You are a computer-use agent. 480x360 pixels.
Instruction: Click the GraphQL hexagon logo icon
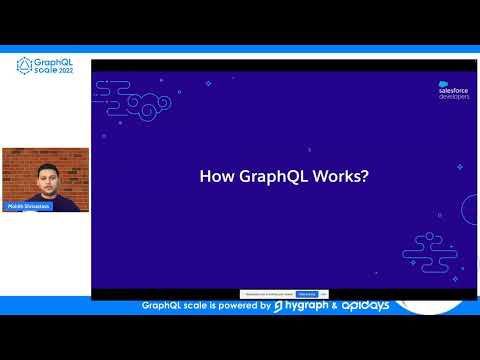tap(25, 67)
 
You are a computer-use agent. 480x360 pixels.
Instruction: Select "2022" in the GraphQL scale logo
tap(67, 72)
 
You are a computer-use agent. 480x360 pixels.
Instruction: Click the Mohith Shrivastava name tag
tap(28, 206)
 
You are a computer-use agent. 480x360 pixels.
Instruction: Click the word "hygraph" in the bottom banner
tap(307, 305)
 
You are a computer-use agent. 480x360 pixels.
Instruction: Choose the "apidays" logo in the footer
tap(366, 305)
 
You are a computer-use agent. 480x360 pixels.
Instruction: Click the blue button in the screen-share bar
tap(307, 293)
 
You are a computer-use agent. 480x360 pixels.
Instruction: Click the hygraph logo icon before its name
tap(279, 306)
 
